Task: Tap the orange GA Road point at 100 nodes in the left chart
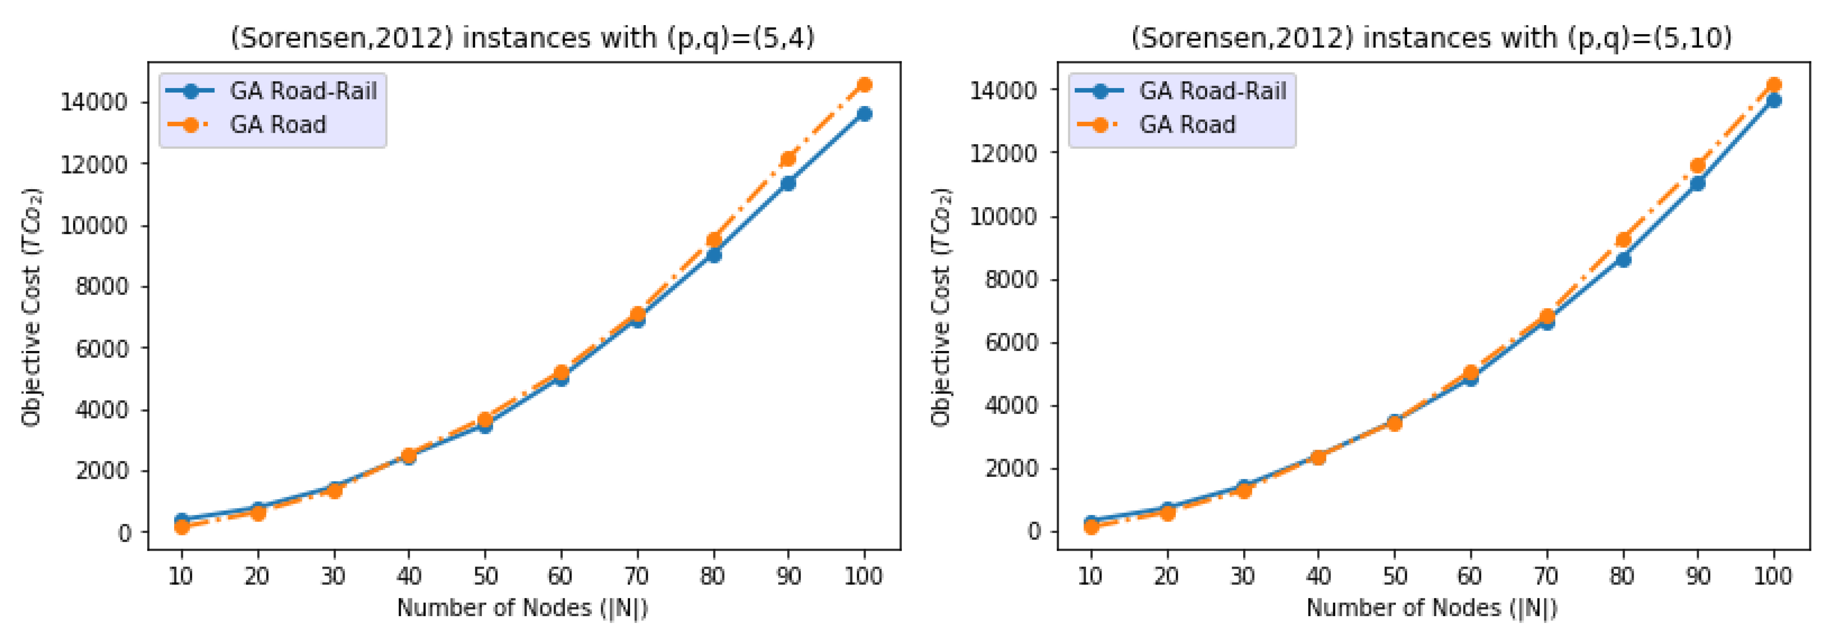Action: (x=864, y=84)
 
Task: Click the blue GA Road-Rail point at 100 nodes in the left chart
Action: (x=864, y=114)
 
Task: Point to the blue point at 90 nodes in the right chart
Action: (x=1697, y=183)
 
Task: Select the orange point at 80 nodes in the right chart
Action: (x=1622, y=240)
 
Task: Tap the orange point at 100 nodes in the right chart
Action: (x=1774, y=84)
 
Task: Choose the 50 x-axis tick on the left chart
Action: (x=485, y=575)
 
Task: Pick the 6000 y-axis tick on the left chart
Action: (x=102, y=348)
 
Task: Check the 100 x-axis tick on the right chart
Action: (x=1773, y=575)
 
